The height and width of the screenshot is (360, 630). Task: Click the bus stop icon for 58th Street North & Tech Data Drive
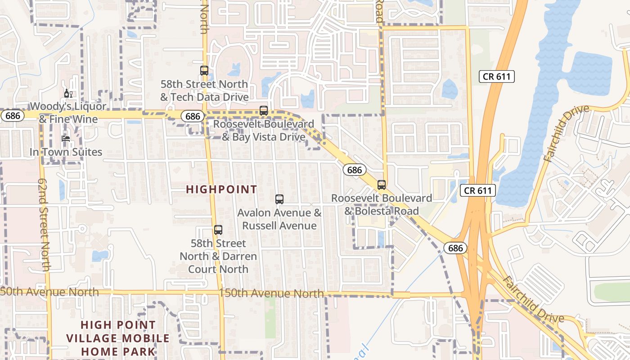204,71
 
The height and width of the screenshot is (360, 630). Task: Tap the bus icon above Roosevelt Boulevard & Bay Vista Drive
264,110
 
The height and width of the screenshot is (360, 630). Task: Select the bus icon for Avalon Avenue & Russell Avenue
279,199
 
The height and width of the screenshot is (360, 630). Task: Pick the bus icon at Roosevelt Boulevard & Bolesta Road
382,184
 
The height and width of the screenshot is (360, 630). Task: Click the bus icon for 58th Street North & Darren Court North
218,230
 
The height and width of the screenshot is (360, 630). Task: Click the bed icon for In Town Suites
66,138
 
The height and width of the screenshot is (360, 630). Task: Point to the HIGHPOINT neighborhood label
221,189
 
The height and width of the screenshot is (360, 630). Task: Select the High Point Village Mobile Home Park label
118,338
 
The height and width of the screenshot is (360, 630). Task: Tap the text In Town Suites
66,152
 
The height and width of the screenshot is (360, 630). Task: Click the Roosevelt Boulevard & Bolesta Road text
382,204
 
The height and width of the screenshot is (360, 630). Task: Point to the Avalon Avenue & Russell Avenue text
279,219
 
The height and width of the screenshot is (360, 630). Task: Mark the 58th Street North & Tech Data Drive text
204,90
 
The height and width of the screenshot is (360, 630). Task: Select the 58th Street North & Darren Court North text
218,256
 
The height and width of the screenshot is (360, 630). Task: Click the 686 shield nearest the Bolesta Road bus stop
355,170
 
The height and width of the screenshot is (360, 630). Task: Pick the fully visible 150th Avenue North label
271,293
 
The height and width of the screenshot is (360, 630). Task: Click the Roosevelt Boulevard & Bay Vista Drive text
264,130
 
